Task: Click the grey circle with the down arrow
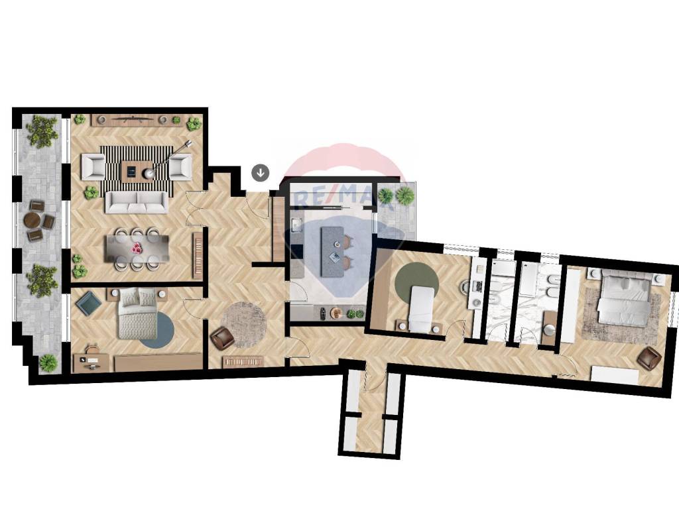coord(260,173)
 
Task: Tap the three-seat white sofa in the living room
coord(137,202)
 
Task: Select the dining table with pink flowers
coord(137,249)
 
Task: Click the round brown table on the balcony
coord(32,220)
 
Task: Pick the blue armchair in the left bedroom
coord(90,303)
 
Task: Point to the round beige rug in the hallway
coord(244,325)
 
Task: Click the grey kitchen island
coord(332,252)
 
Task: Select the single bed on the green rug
coord(420,309)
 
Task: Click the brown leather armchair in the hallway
coord(222,338)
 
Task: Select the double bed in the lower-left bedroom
coord(138,313)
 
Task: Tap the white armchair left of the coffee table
coord(93,167)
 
